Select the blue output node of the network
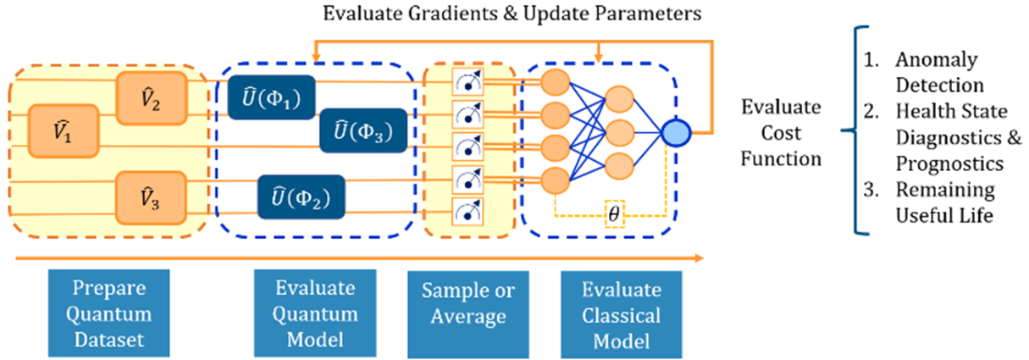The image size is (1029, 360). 678,132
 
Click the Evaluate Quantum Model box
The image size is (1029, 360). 304,314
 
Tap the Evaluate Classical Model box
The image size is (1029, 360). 622,314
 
